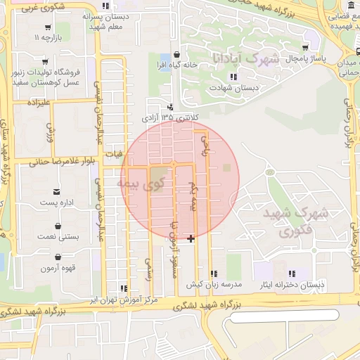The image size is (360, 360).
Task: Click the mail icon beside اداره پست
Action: coord(57,191)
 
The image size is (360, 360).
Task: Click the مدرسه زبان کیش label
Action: coord(214,285)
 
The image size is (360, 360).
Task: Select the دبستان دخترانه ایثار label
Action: coord(292,285)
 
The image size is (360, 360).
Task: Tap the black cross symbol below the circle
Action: coord(191,239)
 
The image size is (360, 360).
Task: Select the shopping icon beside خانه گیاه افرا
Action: coord(175,53)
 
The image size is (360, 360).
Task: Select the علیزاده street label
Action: coord(40,103)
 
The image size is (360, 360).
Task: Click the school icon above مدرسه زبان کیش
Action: coord(214,273)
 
